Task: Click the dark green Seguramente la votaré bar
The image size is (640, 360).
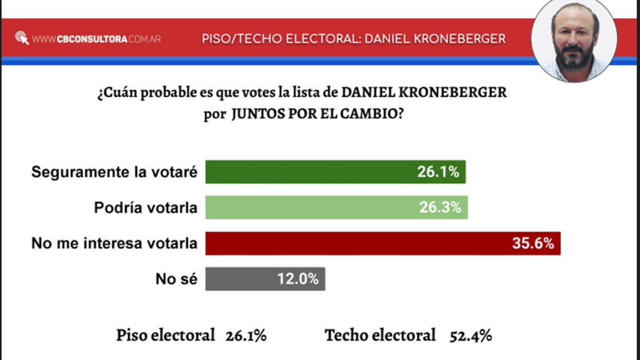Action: click(x=336, y=172)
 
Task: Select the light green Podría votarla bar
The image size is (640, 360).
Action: click(x=336, y=207)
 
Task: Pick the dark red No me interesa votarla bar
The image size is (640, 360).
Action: click(x=383, y=243)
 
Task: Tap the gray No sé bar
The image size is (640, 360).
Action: click(x=265, y=279)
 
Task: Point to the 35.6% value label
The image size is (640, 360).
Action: click(x=533, y=243)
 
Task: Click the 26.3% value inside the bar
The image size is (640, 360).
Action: click(x=441, y=207)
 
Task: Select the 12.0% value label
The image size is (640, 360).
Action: click(x=298, y=279)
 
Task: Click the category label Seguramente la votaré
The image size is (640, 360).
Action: click(x=114, y=172)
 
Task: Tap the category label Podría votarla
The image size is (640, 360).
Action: click(x=146, y=207)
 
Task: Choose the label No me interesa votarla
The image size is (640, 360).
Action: click(x=114, y=243)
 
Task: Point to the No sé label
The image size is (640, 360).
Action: click(x=176, y=279)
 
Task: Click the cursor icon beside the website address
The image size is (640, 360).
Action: click(x=22, y=38)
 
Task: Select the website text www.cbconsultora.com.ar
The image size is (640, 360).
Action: click(x=96, y=39)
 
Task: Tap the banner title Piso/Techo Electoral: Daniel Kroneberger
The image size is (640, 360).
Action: click(x=354, y=39)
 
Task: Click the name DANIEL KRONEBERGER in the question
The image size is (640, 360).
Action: click(x=424, y=92)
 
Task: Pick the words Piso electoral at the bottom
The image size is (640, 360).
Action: click(x=165, y=336)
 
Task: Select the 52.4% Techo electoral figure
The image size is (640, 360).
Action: click(x=471, y=336)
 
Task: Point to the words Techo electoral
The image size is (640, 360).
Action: click(x=380, y=336)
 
